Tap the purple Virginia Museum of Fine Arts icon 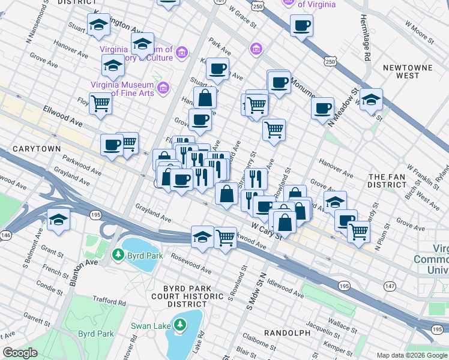(x=163, y=89)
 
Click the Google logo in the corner (x=20, y=353)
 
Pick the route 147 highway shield (x=390, y=286)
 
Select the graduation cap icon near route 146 (x=59, y=219)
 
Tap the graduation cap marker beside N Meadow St (x=371, y=99)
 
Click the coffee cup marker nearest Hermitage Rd (x=301, y=25)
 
